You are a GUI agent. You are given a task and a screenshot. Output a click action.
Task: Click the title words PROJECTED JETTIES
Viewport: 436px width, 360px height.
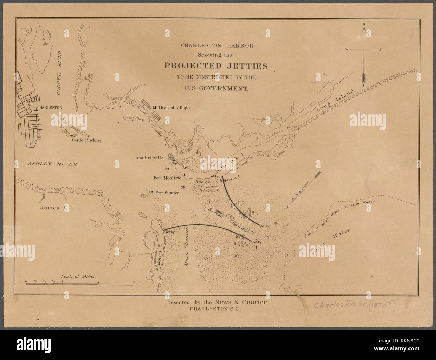point(215,66)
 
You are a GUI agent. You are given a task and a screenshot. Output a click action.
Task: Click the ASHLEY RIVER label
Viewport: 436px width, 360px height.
point(53,164)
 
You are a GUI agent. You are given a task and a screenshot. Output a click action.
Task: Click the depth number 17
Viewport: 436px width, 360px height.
point(286,255)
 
